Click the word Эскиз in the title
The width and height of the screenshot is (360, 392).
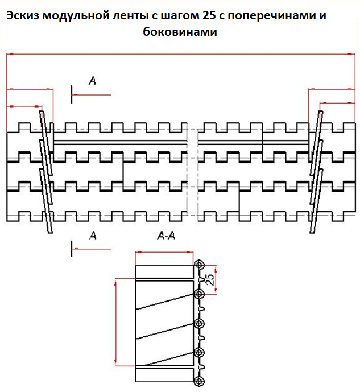(22, 15)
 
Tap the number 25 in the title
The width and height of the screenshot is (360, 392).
(209, 15)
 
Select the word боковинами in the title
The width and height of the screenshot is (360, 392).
(180, 32)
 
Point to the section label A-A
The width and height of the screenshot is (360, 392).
(166, 236)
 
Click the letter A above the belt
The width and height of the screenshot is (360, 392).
(93, 80)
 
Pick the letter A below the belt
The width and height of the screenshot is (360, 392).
(93, 235)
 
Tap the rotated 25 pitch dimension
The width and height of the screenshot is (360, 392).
(210, 280)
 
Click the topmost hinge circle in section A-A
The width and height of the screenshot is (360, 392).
(199, 265)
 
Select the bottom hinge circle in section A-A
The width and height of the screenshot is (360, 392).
(199, 382)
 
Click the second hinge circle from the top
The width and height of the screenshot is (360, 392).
(199, 294)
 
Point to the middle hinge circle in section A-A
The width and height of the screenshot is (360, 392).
(199, 323)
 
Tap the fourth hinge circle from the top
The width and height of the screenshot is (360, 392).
(199, 353)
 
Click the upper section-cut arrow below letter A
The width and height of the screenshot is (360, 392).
(91, 95)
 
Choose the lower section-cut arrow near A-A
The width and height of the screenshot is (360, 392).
(91, 249)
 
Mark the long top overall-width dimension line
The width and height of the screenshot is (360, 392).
(181, 54)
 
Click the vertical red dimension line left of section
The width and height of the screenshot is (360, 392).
(115, 322)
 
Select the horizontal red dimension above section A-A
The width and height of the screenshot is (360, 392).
(164, 252)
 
